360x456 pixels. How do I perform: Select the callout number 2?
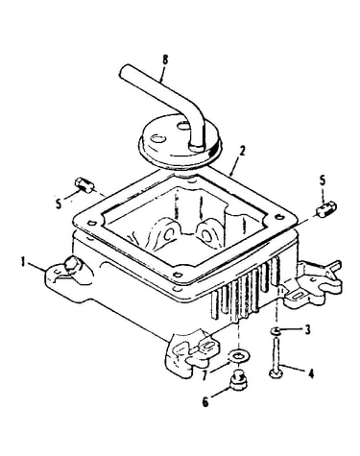click(x=242, y=151)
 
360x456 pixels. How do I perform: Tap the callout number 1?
click(x=23, y=262)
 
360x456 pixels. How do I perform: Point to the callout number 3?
click(x=307, y=329)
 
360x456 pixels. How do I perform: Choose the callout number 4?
click(x=310, y=373)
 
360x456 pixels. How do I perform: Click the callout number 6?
click(x=205, y=402)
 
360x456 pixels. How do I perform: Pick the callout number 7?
click(x=205, y=376)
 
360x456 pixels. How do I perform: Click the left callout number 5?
click(x=59, y=204)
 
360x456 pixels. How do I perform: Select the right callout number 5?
click(x=323, y=180)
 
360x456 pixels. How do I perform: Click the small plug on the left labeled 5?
click(x=84, y=185)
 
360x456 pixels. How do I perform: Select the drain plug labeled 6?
click(x=239, y=379)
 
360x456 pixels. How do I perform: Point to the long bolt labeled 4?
click(x=276, y=358)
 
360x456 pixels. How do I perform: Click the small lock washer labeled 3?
click(x=276, y=331)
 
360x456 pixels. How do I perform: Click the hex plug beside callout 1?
click(x=72, y=265)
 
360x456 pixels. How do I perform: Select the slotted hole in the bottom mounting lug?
click(x=208, y=346)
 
